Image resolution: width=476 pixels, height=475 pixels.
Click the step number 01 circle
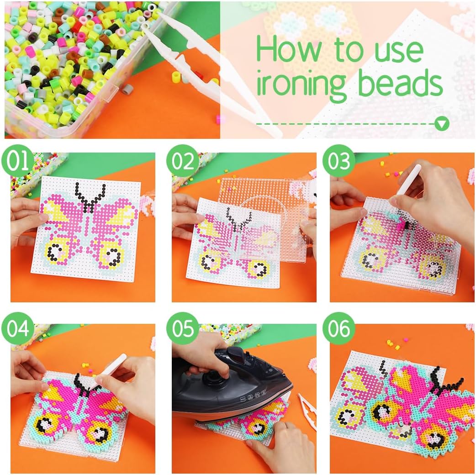18,161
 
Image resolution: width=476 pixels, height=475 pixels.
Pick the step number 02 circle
182,161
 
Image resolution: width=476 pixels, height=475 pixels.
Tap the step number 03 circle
338,161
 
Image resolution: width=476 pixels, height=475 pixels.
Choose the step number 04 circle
18,328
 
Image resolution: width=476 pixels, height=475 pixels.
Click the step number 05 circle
182,328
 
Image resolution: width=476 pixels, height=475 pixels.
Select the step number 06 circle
338,328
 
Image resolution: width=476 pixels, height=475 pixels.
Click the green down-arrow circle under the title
442,124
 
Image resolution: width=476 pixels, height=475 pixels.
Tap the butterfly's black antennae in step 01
90,196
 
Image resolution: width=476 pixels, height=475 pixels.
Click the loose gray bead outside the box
128,89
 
